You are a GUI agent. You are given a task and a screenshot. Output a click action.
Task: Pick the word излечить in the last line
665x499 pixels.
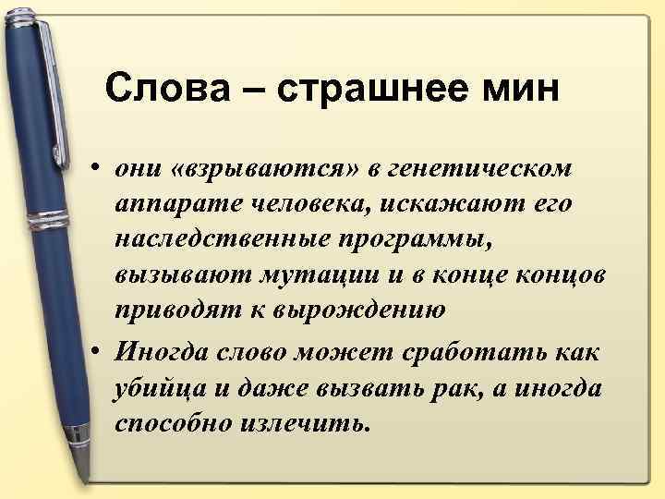click(313, 423)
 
